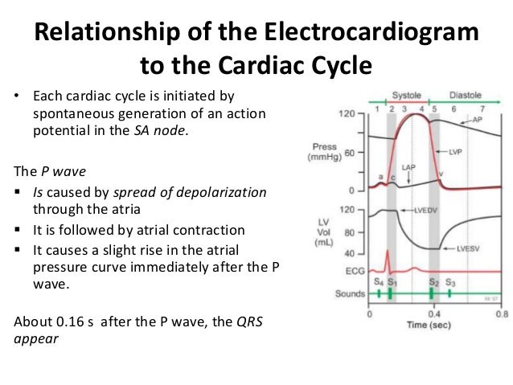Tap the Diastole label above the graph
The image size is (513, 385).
(466, 93)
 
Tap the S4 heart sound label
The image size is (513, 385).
(377, 282)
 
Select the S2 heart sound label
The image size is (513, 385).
(433, 282)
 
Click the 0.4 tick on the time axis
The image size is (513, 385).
(433, 315)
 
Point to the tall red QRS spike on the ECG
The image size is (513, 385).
(389, 261)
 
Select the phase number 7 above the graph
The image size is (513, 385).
(482, 108)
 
